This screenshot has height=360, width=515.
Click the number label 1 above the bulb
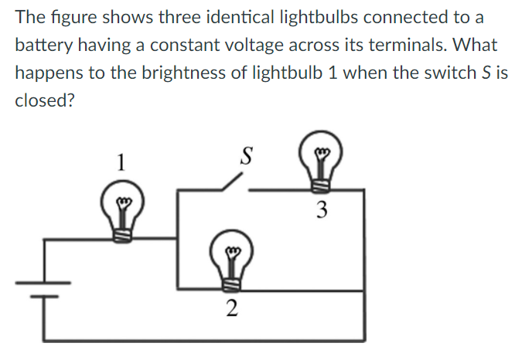[120, 163]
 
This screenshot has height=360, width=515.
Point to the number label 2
[230, 311]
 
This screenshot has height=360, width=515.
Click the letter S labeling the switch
[247, 155]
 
